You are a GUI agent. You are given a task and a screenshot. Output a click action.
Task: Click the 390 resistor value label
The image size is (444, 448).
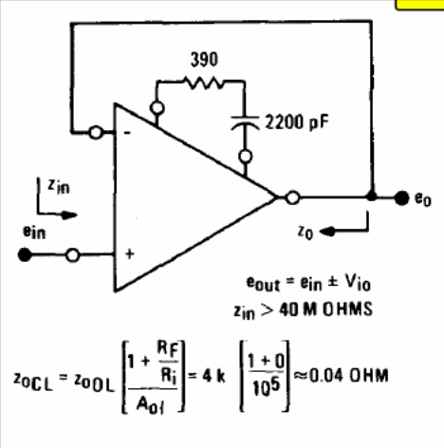(204, 60)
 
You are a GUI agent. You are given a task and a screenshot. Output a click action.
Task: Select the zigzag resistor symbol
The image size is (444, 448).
(204, 83)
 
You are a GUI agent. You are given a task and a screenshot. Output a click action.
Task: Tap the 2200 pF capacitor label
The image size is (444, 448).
(297, 122)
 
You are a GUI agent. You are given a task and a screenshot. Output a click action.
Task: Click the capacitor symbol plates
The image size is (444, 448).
(245, 122)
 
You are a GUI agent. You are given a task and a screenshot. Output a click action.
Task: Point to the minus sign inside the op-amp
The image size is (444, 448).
(127, 133)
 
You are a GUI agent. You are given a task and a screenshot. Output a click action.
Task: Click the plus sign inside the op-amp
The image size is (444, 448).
(130, 253)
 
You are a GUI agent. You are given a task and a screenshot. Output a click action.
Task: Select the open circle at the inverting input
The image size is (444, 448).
(96, 133)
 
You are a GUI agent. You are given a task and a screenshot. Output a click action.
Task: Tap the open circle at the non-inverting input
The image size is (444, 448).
(73, 255)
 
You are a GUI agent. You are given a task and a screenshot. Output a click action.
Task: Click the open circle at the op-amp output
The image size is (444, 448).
(292, 197)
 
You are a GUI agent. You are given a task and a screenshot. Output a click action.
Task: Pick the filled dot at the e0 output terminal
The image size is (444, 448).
(401, 198)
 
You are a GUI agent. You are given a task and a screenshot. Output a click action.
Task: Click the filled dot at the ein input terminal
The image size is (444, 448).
(25, 254)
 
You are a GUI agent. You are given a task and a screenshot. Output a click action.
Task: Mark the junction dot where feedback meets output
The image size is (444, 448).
(372, 196)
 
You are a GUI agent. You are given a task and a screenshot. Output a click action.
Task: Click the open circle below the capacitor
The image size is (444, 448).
(246, 157)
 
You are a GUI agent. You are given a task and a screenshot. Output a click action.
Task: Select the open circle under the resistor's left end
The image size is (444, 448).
(157, 108)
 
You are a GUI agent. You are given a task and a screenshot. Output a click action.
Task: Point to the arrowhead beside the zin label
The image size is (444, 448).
(69, 215)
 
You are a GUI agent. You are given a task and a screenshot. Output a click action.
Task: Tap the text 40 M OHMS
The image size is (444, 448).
(325, 309)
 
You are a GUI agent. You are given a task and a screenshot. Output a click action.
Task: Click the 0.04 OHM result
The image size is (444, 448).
(348, 376)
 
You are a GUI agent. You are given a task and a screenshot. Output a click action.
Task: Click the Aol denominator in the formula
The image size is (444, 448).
(151, 404)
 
